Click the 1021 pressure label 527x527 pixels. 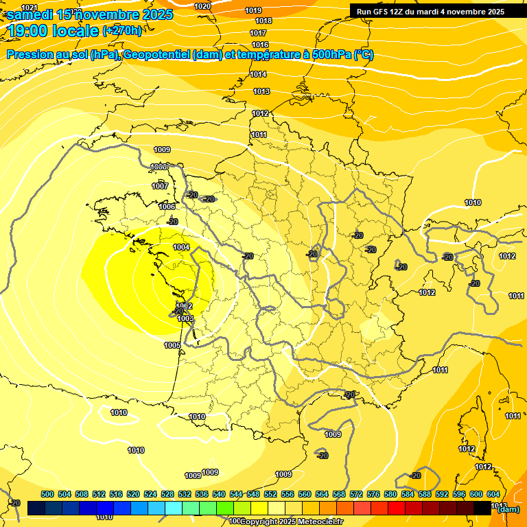pos(30,7)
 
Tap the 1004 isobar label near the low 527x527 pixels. pos(181,247)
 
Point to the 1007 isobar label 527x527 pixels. pos(160,186)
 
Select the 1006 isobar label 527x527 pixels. pos(167,207)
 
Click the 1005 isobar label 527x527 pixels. pos(172,345)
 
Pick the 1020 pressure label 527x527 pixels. pos(202,6)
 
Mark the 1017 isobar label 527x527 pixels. pos(258,33)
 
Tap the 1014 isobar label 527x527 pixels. pos(258,74)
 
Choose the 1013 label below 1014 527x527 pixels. pos(261,91)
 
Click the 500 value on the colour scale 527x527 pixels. pos(47,494)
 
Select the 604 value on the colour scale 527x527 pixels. pos(493,494)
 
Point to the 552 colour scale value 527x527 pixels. pos(270,494)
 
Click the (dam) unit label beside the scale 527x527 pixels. pos(508,509)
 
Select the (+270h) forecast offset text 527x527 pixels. pos(122,30)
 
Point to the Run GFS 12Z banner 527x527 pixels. pos(430,12)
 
